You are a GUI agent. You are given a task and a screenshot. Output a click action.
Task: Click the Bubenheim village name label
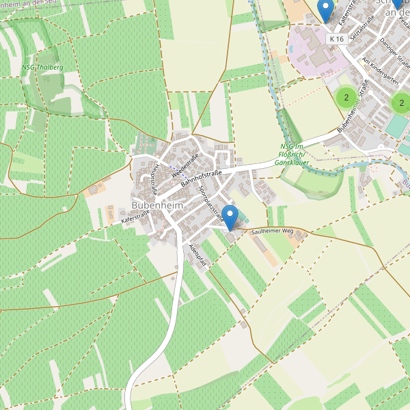tap(156, 205)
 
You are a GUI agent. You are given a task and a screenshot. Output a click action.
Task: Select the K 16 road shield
tap(336, 40)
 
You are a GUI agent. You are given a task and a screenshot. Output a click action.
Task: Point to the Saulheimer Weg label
tap(272, 233)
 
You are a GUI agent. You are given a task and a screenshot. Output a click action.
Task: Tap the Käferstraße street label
tap(135, 218)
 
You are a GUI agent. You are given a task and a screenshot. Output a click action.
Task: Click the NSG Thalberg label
tap(42, 68)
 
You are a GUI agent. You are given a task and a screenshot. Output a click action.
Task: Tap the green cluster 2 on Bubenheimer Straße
tap(346, 98)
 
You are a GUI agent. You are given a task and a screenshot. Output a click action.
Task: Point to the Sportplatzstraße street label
tap(210, 201)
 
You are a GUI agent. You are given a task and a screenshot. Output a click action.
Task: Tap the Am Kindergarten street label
tap(380, 72)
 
